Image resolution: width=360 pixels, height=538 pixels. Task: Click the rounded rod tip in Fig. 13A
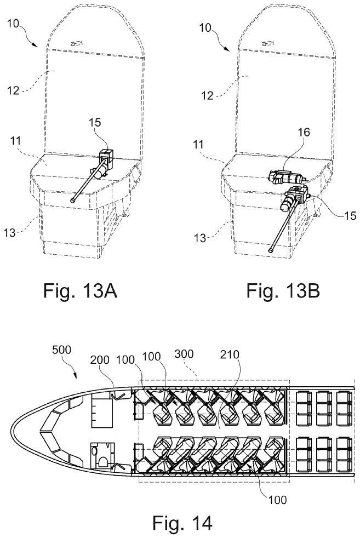pos(73,201)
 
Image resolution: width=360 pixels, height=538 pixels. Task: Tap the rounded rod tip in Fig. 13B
pos(272,250)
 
